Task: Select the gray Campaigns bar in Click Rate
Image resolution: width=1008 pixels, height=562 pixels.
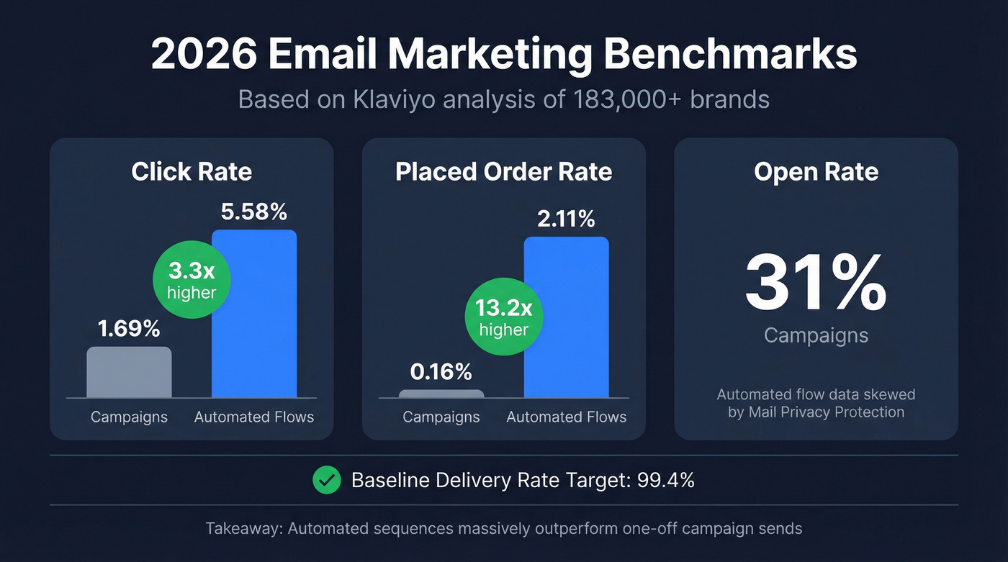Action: click(x=129, y=372)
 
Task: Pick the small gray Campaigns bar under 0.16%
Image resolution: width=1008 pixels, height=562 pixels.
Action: click(x=441, y=394)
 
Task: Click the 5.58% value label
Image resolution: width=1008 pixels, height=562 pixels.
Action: click(x=254, y=212)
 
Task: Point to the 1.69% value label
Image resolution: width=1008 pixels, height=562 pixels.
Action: click(x=129, y=329)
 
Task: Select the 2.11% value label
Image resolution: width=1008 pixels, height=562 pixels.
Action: click(x=566, y=219)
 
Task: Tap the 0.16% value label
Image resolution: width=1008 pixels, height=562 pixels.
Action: click(x=441, y=372)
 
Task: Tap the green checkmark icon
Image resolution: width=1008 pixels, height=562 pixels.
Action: click(x=327, y=480)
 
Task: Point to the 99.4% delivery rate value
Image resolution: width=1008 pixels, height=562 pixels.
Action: click(x=666, y=480)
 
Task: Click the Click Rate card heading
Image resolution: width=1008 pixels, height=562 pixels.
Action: click(x=192, y=172)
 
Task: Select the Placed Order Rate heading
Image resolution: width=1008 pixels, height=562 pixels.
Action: click(x=504, y=172)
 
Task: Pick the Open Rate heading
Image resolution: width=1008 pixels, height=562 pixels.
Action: click(x=816, y=172)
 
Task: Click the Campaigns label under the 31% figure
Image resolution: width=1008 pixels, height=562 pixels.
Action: click(x=816, y=335)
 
